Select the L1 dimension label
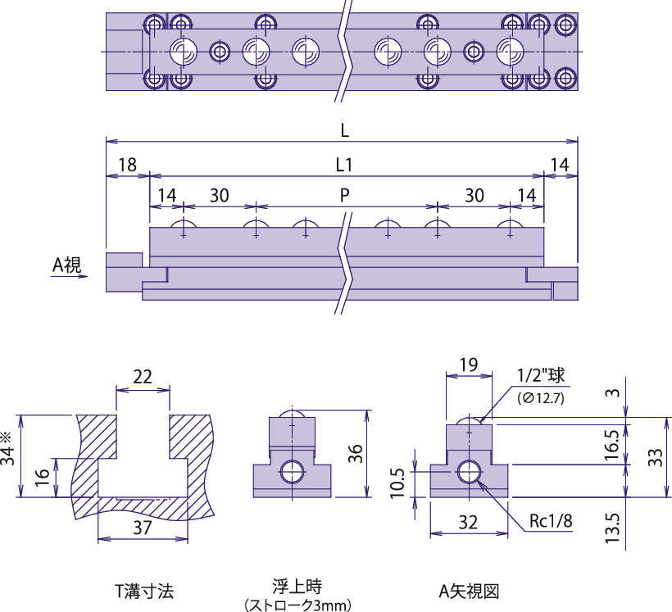(x=344, y=165)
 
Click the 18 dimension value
(x=127, y=165)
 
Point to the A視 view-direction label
(x=66, y=264)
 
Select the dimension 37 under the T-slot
(x=142, y=528)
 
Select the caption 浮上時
(x=297, y=587)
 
